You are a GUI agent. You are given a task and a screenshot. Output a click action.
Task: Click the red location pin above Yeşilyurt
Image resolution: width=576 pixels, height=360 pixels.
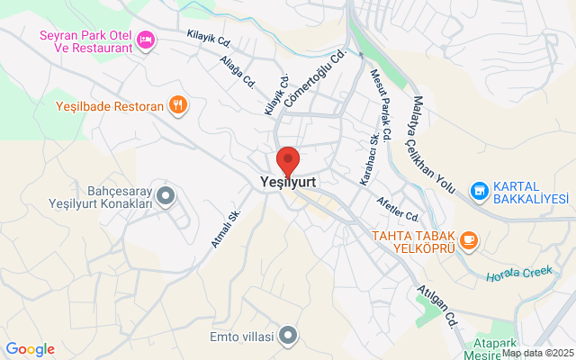pyautogui.click(x=287, y=159)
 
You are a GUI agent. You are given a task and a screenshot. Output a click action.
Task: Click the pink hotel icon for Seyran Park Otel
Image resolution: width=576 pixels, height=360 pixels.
pyautogui.click(x=147, y=39)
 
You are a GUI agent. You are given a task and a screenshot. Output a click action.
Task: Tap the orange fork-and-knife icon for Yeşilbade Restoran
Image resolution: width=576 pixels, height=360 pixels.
pyautogui.click(x=179, y=105)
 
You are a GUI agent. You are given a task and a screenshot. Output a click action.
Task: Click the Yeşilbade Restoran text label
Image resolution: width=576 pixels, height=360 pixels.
pyautogui.click(x=110, y=106)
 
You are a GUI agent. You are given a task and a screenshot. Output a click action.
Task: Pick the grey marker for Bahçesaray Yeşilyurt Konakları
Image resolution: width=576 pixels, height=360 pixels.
pyautogui.click(x=165, y=194)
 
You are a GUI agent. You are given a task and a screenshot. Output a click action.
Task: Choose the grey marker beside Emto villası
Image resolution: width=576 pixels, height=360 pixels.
pyautogui.click(x=288, y=337)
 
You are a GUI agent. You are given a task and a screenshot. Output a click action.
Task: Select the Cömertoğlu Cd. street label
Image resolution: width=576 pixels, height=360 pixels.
pyautogui.click(x=316, y=79)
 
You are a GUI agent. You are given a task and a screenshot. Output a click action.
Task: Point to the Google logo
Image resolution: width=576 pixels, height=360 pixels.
pyautogui.click(x=30, y=349)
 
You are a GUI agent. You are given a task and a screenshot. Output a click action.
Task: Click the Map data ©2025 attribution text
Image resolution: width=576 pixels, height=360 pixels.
pyautogui.click(x=536, y=354)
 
